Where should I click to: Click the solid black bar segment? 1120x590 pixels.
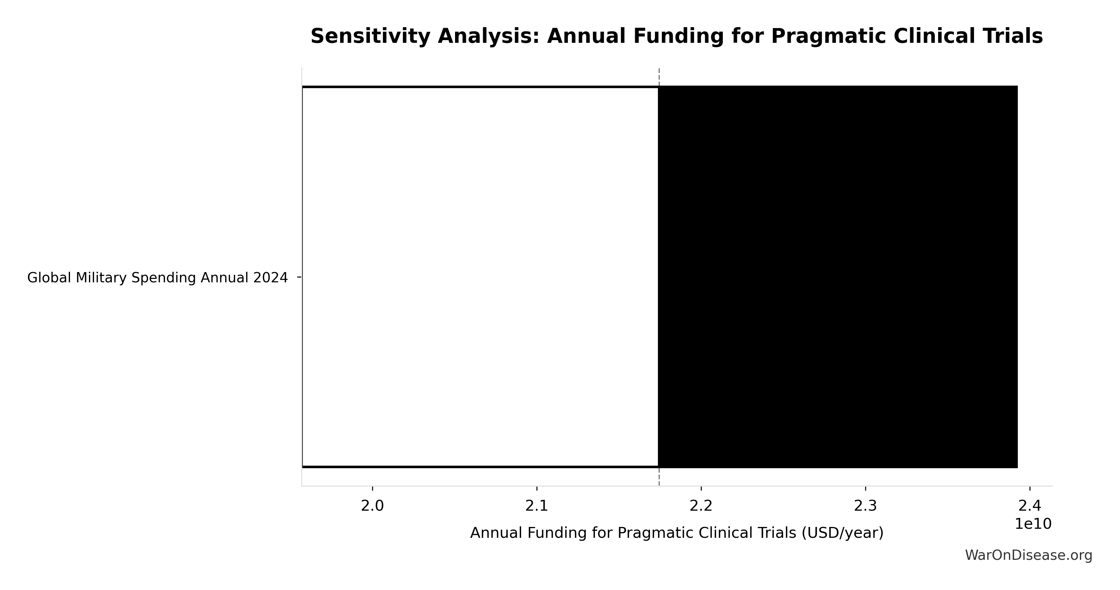tap(837, 277)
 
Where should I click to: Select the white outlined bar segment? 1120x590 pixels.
tap(480, 277)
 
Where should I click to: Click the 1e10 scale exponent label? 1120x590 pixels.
tap(1033, 524)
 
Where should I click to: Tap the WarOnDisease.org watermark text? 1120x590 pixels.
tap(1028, 555)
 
